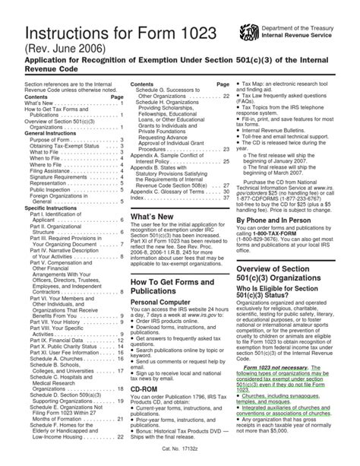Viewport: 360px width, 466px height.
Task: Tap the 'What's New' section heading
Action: click(x=153, y=217)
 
